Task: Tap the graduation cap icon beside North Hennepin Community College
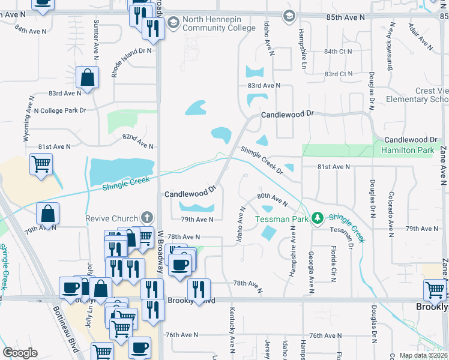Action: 174,23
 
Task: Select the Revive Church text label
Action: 111,218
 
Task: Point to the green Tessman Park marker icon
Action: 318,218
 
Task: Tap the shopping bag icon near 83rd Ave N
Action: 88,77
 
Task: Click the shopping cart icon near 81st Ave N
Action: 41,164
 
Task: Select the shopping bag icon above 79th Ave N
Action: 47,213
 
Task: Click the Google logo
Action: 20,352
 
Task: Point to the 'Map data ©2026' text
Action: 423,355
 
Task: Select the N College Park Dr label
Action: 60,110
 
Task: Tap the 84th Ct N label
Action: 338,52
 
